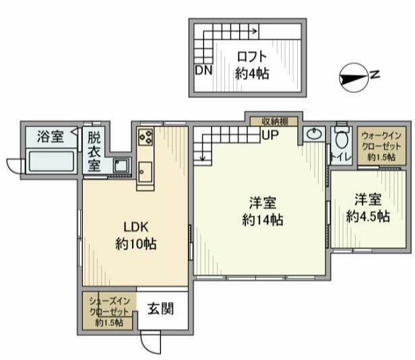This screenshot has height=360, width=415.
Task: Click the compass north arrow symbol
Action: click(x=354, y=78)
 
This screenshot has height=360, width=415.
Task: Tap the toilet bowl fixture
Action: click(x=342, y=137)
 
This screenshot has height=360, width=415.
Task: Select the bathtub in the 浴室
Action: click(x=51, y=161)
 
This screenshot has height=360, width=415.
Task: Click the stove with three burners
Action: click(x=146, y=137)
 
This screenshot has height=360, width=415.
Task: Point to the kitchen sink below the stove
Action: click(x=146, y=172)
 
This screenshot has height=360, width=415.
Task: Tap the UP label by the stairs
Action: click(x=270, y=135)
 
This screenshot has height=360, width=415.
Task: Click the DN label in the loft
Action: click(x=203, y=70)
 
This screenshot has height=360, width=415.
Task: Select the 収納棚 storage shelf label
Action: click(x=275, y=122)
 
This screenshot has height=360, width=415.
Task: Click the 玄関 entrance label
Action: click(x=160, y=309)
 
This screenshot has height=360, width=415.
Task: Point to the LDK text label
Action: click(x=136, y=227)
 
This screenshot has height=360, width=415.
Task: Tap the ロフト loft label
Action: click(x=252, y=57)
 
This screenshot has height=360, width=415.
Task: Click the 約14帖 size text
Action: click(x=263, y=220)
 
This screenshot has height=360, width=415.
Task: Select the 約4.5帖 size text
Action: click(x=368, y=217)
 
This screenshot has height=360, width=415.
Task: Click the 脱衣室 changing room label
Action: click(x=94, y=151)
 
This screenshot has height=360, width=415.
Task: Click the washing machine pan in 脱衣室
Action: click(x=122, y=166)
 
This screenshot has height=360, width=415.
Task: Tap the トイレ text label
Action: click(x=341, y=157)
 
